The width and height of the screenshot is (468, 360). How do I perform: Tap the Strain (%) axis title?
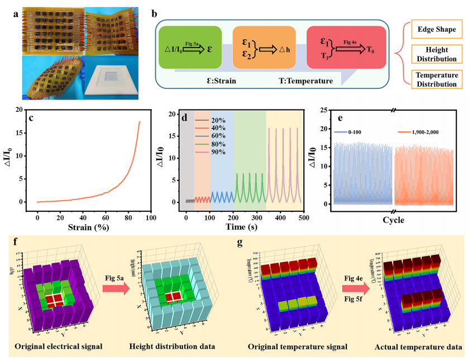coord(88,228)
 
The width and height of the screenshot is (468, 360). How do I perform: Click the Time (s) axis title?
coord(230,228)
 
